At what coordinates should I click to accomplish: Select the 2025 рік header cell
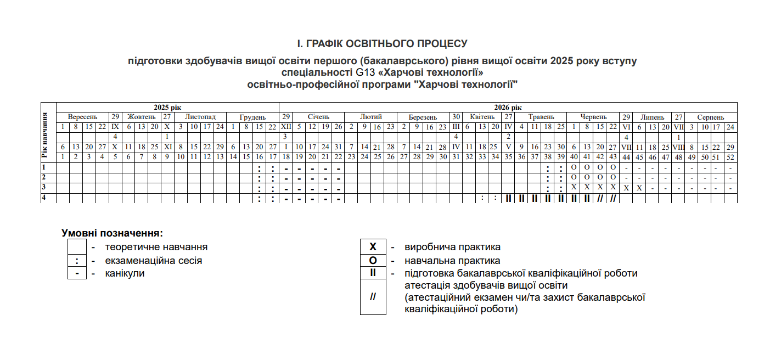click(x=167, y=108)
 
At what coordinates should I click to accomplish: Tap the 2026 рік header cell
click(x=508, y=108)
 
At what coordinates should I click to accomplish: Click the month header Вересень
click(x=82, y=117)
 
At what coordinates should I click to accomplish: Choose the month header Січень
click(x=318, y=117)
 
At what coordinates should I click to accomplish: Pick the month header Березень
click(x=423, y=117)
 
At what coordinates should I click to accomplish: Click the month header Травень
click(x=541, y=117)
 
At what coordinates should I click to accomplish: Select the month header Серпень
click(x=711, y=117)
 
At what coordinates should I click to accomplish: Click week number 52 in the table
click(x=730, y=157)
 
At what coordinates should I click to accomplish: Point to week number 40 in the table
click(x=574, y=157)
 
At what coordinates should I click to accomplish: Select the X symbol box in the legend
click(x=373, y=248)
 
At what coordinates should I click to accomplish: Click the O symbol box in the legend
click(x=373, y=261)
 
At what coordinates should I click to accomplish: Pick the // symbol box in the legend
click(x=373, y=297)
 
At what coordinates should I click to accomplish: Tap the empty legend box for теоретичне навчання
click(x=77, y=248)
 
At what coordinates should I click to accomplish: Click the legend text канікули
click(x=125, y=273)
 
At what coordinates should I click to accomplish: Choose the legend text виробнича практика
click(x=452, y=248)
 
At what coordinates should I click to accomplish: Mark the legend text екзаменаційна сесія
click(x=154, y=261)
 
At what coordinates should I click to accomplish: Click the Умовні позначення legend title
click(x=113, y=233)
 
